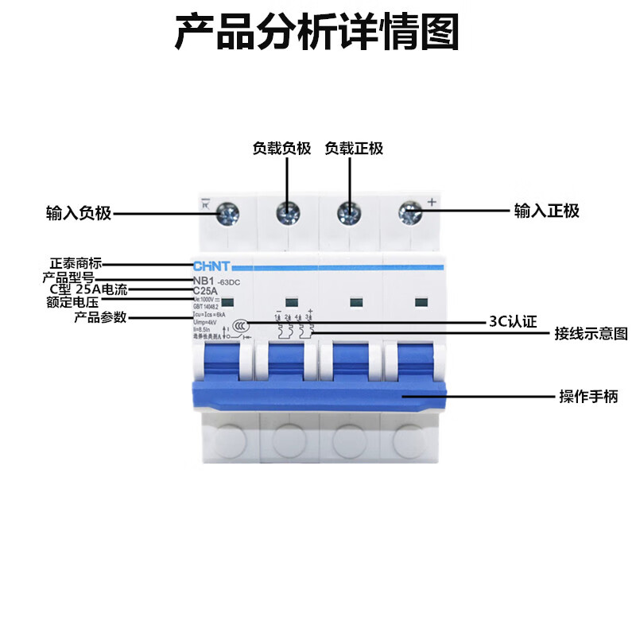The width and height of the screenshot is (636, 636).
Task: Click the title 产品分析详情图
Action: (x=317, y=33)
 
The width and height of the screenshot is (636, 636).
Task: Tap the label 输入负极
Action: (x=79, y=213)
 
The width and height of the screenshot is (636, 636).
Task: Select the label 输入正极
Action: (x=546, y=211)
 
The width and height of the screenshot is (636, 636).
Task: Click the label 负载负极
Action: (x=281, y=149)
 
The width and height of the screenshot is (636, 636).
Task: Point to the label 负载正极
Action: (x=354, y=149)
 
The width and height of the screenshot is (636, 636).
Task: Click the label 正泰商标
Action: (x=76, y=263)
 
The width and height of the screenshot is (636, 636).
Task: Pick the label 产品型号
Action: (x=68, y=277)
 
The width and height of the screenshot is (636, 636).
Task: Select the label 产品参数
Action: (x=100, y=318)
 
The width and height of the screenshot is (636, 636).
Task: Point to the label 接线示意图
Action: (x=591, y=334)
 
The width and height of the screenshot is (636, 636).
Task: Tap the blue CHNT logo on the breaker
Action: (x=211, y=268)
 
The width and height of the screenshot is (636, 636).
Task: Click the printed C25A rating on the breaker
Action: (x=207, y=290)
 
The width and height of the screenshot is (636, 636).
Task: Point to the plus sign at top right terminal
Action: (x=432, y=202)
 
